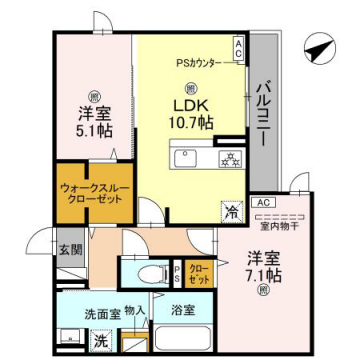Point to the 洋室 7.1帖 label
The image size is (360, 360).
pos(263,264)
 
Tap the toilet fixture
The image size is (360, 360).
pos(148,272)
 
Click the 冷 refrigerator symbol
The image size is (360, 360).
pos(230,212)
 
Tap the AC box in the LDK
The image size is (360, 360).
pos(238,46)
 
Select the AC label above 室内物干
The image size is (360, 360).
pos(264,203)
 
